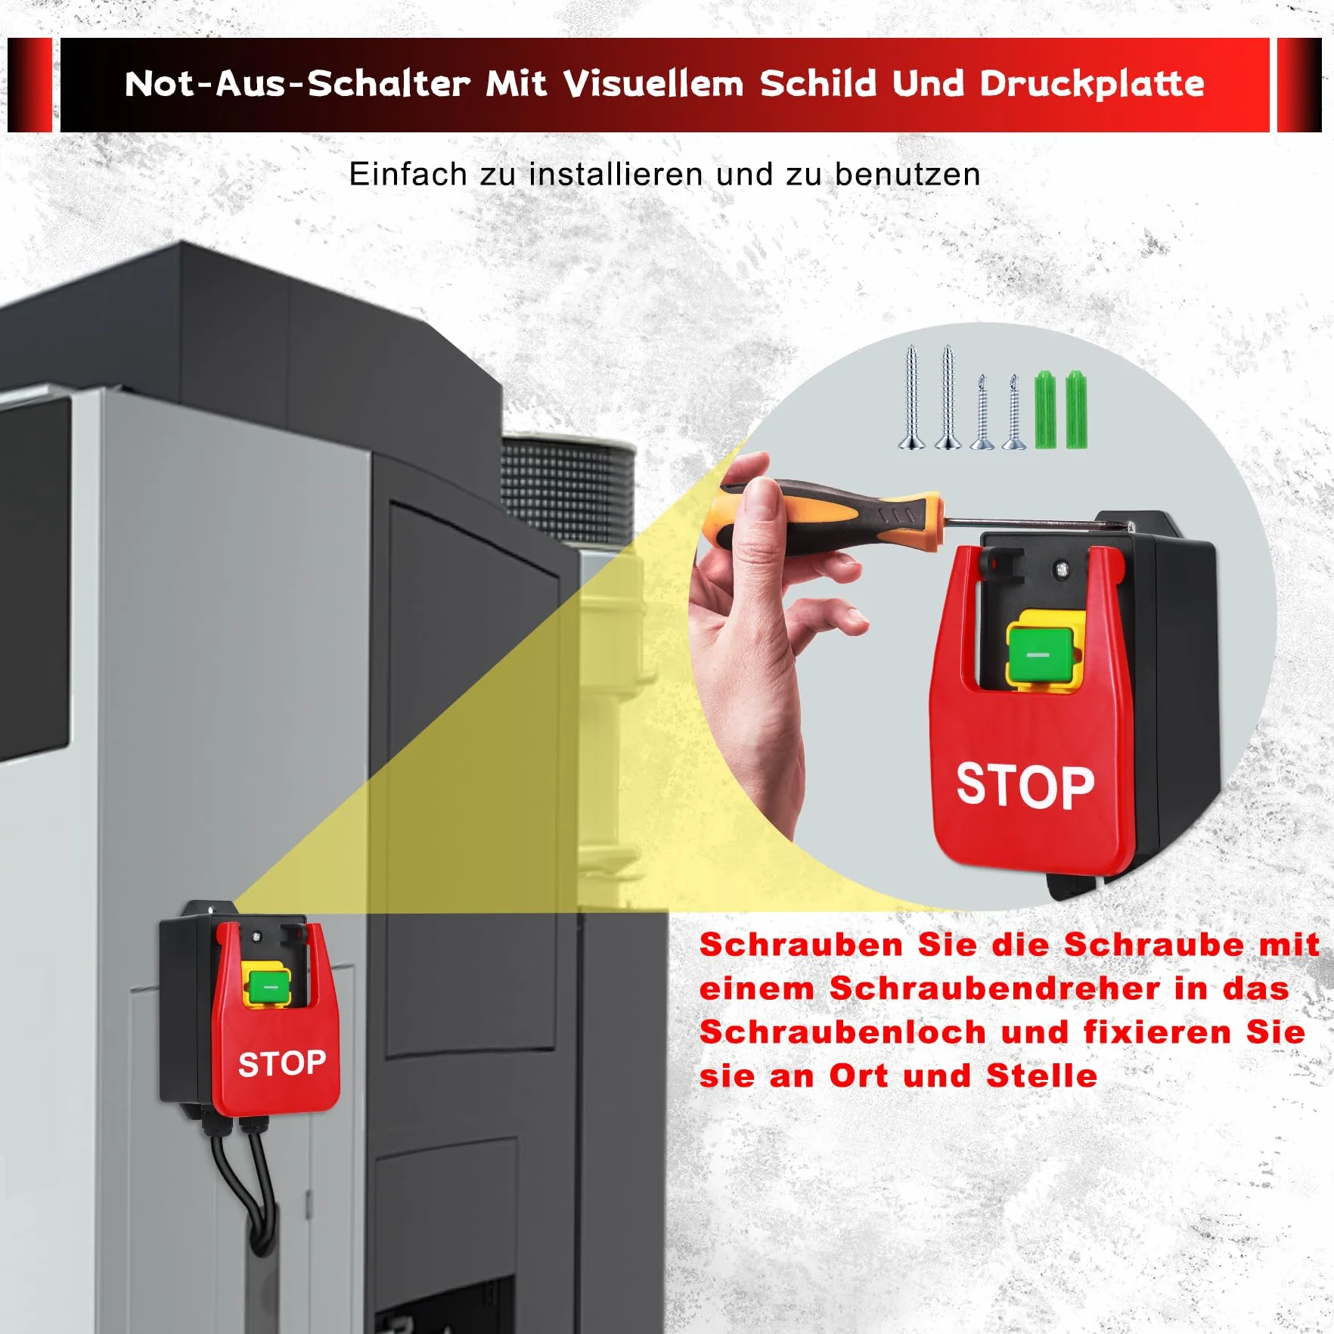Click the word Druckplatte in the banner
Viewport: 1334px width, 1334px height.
[x=1092, y=84]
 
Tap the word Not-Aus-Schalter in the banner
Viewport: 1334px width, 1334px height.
[x=297, y=84]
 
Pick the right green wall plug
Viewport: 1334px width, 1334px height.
[x=1075, y=410]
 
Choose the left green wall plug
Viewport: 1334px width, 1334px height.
[x=1044, y=410]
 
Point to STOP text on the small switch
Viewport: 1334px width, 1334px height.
[x=282, y=1064]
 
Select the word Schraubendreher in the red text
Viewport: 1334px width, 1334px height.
[x=995, y=988]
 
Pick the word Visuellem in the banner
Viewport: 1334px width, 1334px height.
[x=653, y=84]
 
